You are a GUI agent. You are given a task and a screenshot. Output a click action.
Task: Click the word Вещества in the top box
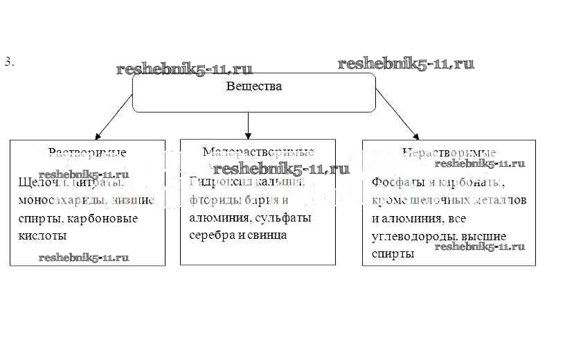pos(254,87)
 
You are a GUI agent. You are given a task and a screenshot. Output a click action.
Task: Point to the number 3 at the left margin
pos(8,62)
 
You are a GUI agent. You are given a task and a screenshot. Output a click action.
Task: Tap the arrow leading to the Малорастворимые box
pos(248,123)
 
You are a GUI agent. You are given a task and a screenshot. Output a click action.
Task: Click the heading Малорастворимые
pos(258,152)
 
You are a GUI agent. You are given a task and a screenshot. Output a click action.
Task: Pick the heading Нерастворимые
pos(449,152)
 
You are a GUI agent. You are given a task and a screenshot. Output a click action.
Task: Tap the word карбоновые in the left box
pos(111,218)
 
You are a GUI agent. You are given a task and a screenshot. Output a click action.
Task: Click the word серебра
pos(209,235)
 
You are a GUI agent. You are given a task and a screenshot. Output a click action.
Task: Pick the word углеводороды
pos(413,236)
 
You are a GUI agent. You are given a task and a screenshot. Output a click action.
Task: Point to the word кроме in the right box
pos(387,200)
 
